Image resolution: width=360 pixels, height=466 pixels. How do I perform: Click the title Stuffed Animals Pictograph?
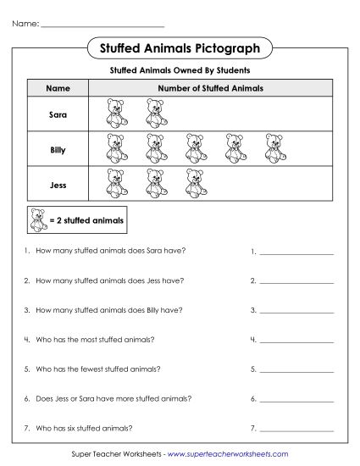pyautogui.click(x=180, y=48)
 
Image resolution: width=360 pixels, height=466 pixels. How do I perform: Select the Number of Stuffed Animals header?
pyautogui.click(x=210, y=88)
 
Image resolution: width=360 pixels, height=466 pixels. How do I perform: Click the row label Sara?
pyautogui.click(x=57, y=114)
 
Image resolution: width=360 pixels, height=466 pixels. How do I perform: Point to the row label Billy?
pyautogui.click(x=57, y=149)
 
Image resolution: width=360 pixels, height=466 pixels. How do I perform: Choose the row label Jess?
pyautogui.click(x=57, y=184)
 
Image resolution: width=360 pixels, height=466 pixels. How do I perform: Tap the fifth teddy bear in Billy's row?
pyautogui.click(x=274, y=149)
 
